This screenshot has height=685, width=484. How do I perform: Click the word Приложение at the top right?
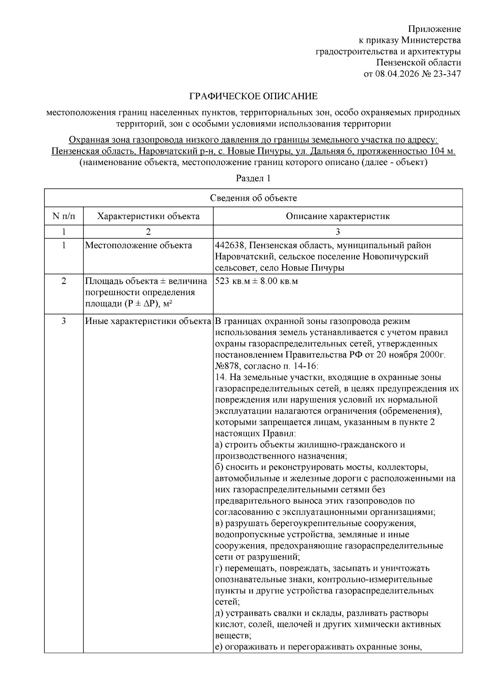(434, 29)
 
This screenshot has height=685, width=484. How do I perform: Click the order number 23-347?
(447, 74)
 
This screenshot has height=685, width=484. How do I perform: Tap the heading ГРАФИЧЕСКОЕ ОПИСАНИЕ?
(254, 96)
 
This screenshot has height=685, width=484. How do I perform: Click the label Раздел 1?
(253, 178)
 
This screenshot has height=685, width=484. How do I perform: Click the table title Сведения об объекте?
(253, 198)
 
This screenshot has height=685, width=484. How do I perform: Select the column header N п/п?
(64, 216)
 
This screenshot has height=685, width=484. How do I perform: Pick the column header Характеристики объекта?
(148, 216)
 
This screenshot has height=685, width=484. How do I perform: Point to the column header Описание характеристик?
(338, 216)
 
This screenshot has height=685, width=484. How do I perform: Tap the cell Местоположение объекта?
(138, 245)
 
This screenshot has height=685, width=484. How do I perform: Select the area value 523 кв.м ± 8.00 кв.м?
(257, 281)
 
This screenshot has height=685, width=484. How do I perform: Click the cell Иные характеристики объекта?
(148, 322)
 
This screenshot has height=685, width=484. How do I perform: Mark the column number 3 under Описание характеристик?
(338, 232)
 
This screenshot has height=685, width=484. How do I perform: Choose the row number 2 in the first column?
(64, 281)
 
